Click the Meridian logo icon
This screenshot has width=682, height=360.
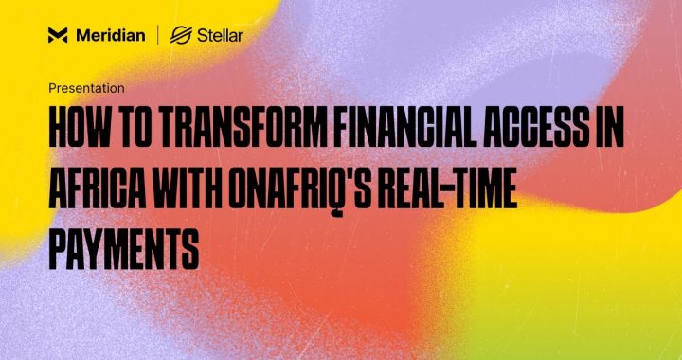pyautogui.click(x=58, y=36)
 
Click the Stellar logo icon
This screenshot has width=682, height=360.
pyautogui.click(x=182, y=36)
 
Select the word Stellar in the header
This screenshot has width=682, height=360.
pyautogui.click(x=221, y=36)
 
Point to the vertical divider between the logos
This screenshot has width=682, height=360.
pyautogui.click(x=158, y=36)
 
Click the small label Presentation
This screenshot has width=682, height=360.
pyautogui.click(x=86, y=88)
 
